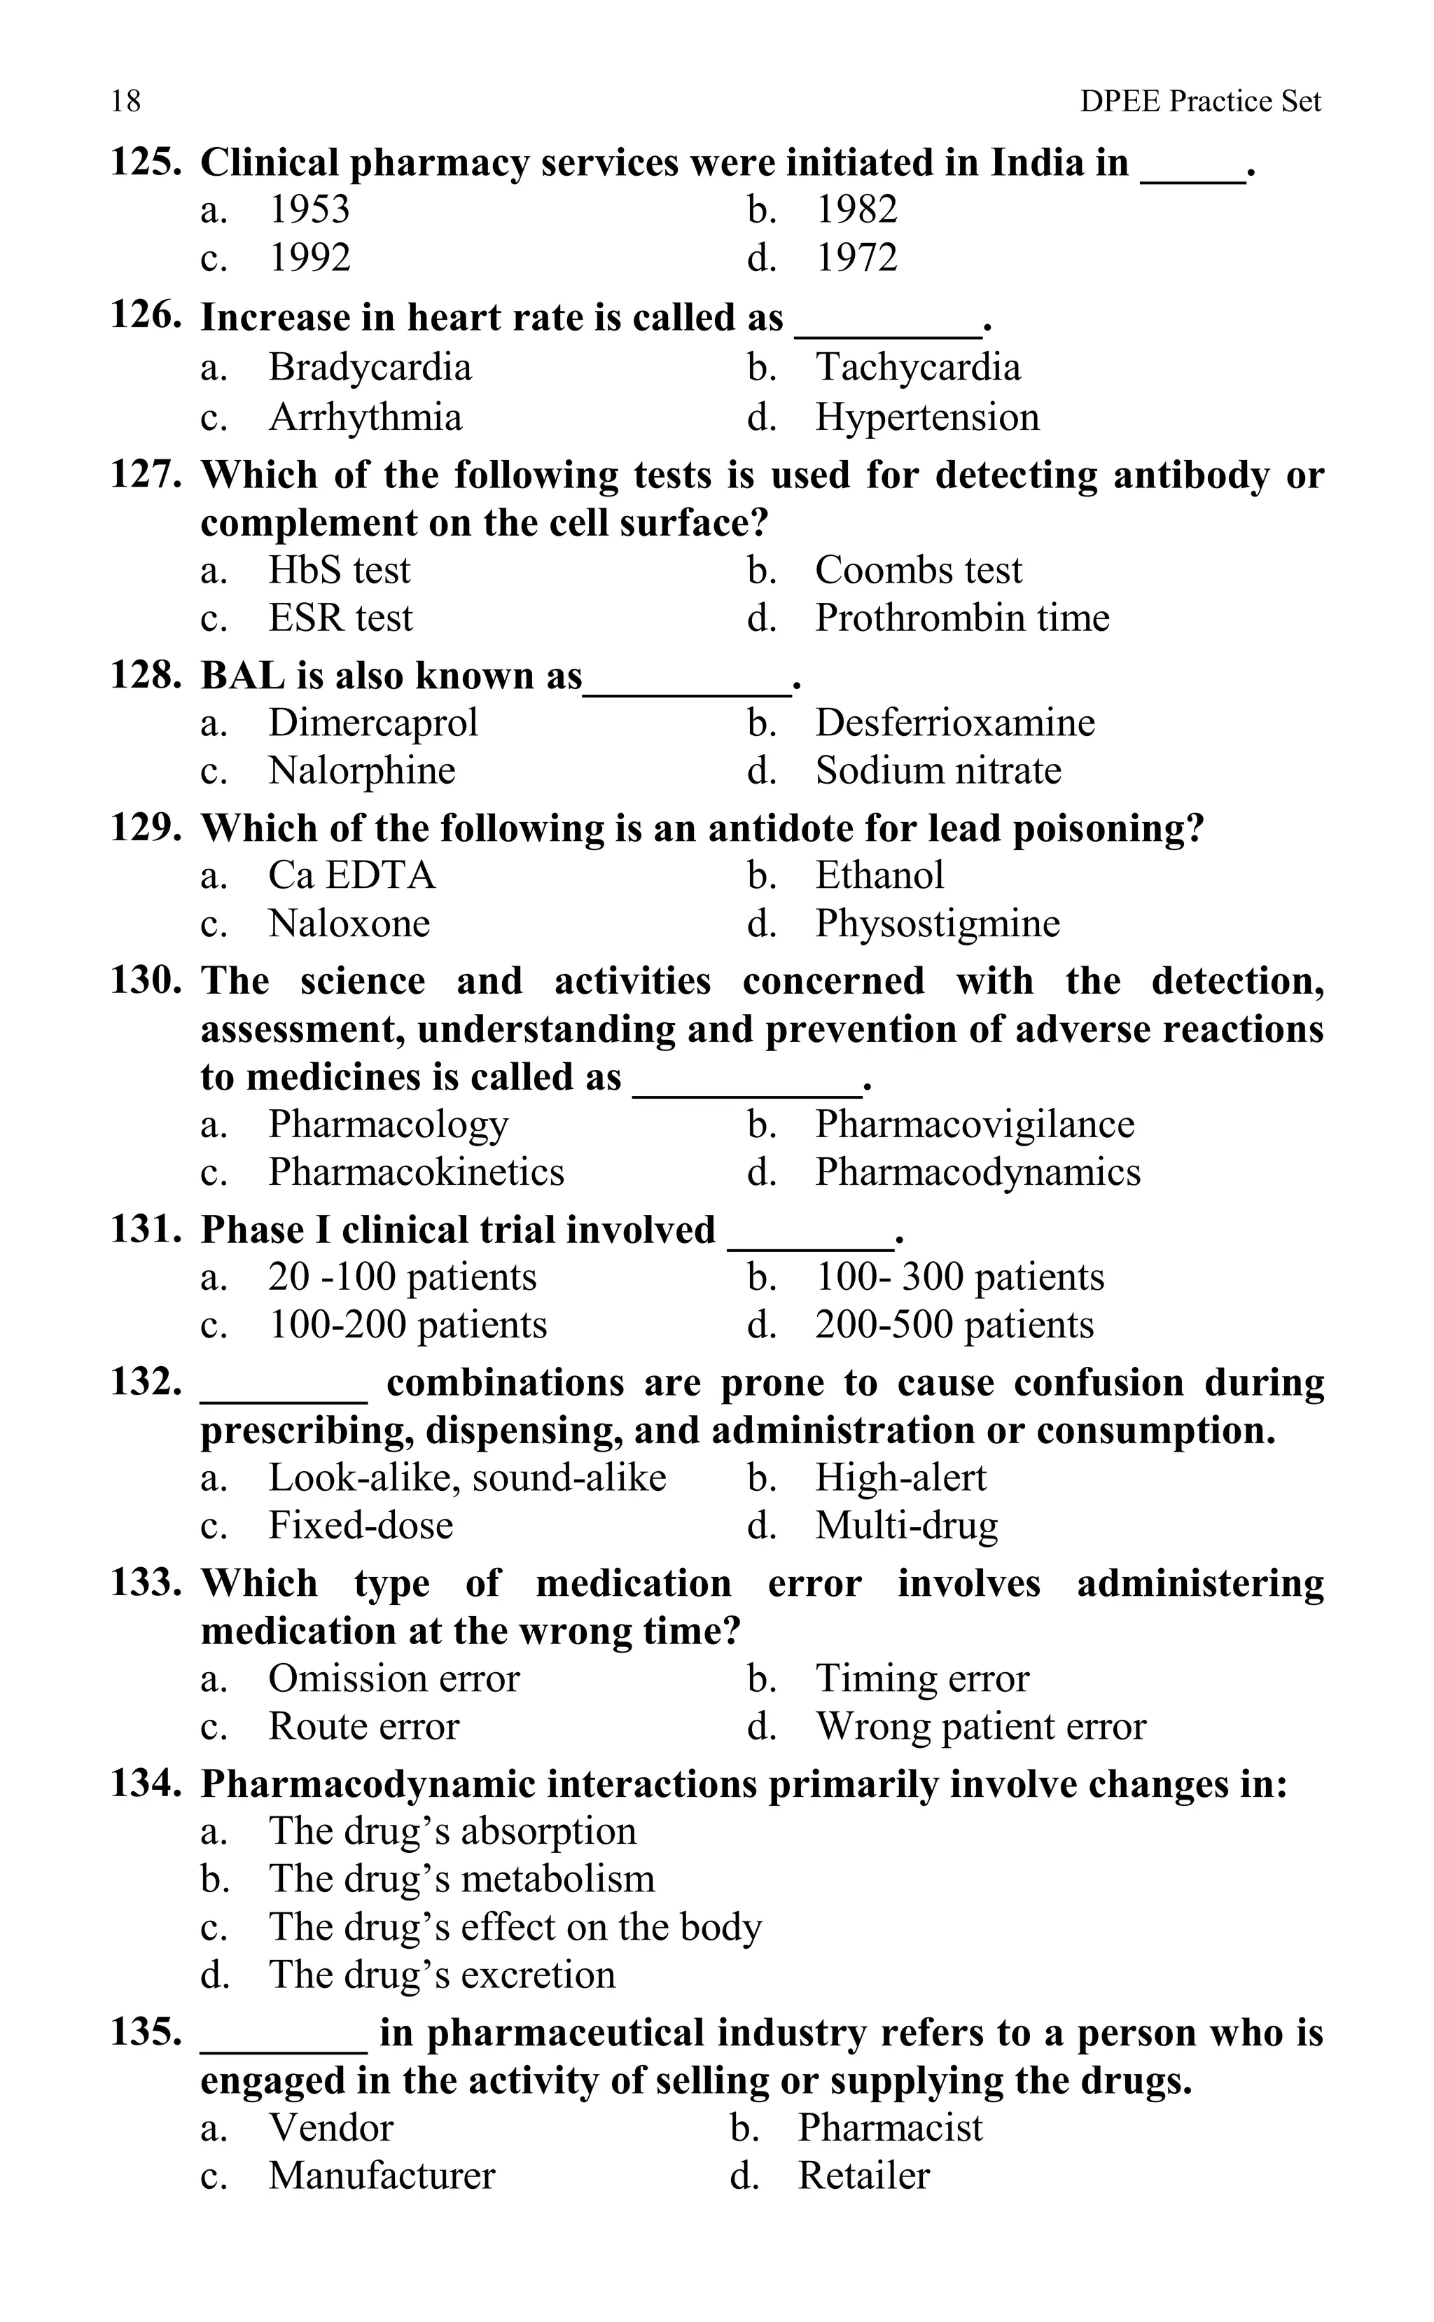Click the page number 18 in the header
(125, 101)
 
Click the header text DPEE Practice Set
(1199, 101)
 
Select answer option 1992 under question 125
(310, 257)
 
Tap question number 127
(145, 473)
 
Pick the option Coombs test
(918, 570)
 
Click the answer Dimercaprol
(373, 723)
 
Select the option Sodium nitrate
(937, 770)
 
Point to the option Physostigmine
(937, 923)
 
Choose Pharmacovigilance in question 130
(974, 1124)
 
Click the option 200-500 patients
(953, 1324)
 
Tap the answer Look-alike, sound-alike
(466, 1478)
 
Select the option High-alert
(900, 1478)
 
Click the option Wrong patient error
(980, 1726)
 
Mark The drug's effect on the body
(514, 1926)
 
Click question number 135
(145, 2032)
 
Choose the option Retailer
(863, 2175)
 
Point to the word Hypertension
(926, 417)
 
